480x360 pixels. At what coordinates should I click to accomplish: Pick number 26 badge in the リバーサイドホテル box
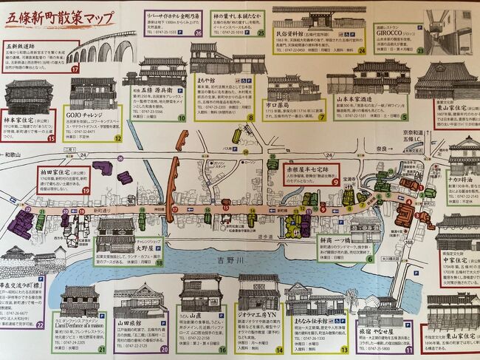(x=198, y=33)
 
